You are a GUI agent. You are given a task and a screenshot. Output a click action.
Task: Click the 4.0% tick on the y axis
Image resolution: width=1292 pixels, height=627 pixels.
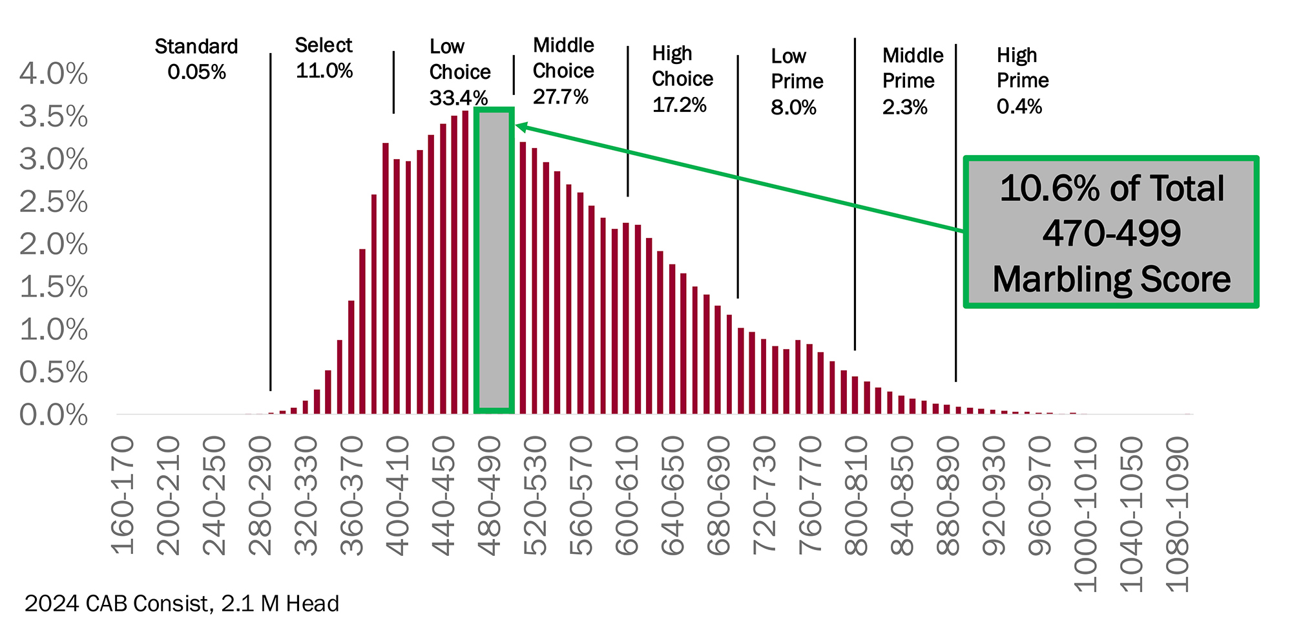click(54, 74)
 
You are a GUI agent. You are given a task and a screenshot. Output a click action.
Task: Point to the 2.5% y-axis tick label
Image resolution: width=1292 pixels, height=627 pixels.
click(54, 202)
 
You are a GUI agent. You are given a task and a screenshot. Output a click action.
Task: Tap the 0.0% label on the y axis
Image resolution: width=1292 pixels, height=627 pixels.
click(54, 415)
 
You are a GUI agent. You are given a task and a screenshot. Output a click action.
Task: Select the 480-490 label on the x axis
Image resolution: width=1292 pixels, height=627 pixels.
click(490, 496)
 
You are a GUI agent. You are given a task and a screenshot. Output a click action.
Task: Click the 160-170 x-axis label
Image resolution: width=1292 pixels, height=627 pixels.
click(123, 496)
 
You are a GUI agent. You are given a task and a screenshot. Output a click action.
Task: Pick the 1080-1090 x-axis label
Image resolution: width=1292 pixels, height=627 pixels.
click(1177, 514)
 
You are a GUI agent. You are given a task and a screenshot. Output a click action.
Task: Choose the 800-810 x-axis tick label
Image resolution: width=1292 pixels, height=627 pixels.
click(857, 496)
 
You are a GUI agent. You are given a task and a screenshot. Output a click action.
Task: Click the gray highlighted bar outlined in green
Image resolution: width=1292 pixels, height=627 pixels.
click(494, 260)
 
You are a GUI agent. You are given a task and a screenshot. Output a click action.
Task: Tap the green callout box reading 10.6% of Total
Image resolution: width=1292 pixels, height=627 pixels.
click(1110, 232)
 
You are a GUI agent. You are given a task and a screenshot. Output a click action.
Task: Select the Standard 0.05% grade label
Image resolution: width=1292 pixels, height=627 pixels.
click(196, 59)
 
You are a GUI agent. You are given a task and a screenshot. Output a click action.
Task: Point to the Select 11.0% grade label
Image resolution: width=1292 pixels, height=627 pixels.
click(324, 58)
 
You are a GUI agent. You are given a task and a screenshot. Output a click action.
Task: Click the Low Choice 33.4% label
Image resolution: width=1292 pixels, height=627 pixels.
click(459, 72)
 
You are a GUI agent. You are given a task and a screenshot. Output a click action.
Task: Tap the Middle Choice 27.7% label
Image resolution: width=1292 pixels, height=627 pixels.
click(563, 70)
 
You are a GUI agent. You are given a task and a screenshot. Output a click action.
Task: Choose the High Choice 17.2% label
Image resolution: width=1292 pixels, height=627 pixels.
click(682, 79)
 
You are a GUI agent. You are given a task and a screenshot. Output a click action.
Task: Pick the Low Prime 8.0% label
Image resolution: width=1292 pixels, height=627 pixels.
click(797, 81)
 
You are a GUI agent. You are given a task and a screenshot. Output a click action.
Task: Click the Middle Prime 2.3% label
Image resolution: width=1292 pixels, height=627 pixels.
click(912, 81)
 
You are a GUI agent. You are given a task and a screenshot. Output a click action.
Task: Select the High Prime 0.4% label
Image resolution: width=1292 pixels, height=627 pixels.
click(1022, 80)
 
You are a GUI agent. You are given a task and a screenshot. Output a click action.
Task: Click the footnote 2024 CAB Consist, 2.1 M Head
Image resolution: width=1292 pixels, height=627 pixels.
click(182, 604)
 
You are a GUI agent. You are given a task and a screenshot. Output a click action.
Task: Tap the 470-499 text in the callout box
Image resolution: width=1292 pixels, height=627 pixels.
click(1111, 233)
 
